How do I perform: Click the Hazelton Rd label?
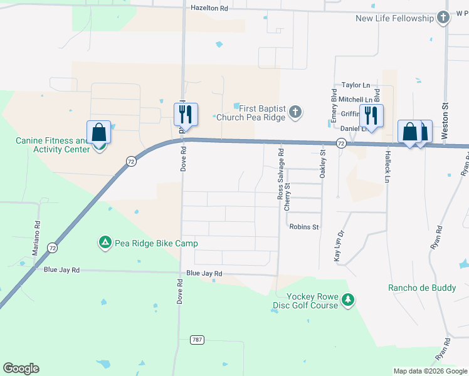pyautogui.click(x=209, y=8)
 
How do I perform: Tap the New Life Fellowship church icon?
pyautogui.click(x=444, y=18)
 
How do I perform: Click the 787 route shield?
pyautogui.click(x=198, y=340)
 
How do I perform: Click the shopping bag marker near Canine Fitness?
pyautogui.click(x=99, y=133)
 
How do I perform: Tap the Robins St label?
pyautogui.click(x=304, y=227)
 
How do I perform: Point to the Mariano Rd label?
pyautogui.click(x=37, y=232)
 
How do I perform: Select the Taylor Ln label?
pyautogui.click(x=356, y=85)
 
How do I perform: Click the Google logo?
pyautogui.click(x=21, y=368)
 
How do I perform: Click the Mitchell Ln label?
pyautogui.click(x=355, y=100)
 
